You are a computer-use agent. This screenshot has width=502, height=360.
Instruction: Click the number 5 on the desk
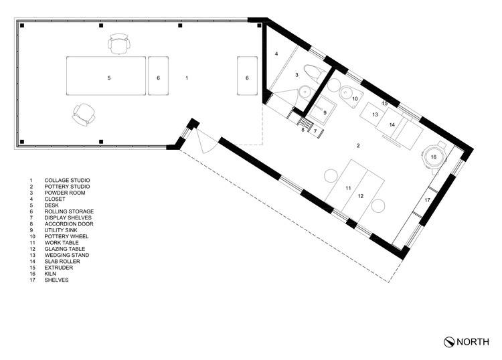click(109, 78)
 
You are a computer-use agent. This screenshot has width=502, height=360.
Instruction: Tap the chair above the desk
click(119, 43)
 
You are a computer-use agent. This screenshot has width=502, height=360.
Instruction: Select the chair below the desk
click(84, 114)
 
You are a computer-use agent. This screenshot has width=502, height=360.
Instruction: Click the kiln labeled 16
click(434, 157)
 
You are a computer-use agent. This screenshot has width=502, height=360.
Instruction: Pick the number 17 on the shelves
click(427, 200)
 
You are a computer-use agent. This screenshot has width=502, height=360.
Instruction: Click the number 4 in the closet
click(276, 54)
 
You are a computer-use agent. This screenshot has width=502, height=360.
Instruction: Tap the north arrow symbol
click(449, 342)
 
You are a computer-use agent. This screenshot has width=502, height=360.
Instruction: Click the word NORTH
click(473, 342)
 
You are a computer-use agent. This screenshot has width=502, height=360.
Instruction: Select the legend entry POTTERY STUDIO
click(67, 187)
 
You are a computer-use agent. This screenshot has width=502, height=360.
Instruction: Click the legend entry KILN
click(50, 274)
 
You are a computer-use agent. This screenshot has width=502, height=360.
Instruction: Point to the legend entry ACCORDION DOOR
click(69, 224)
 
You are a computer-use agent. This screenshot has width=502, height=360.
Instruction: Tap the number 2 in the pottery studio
click(358, 146)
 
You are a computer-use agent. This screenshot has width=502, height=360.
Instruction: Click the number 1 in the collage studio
click(187, 78)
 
